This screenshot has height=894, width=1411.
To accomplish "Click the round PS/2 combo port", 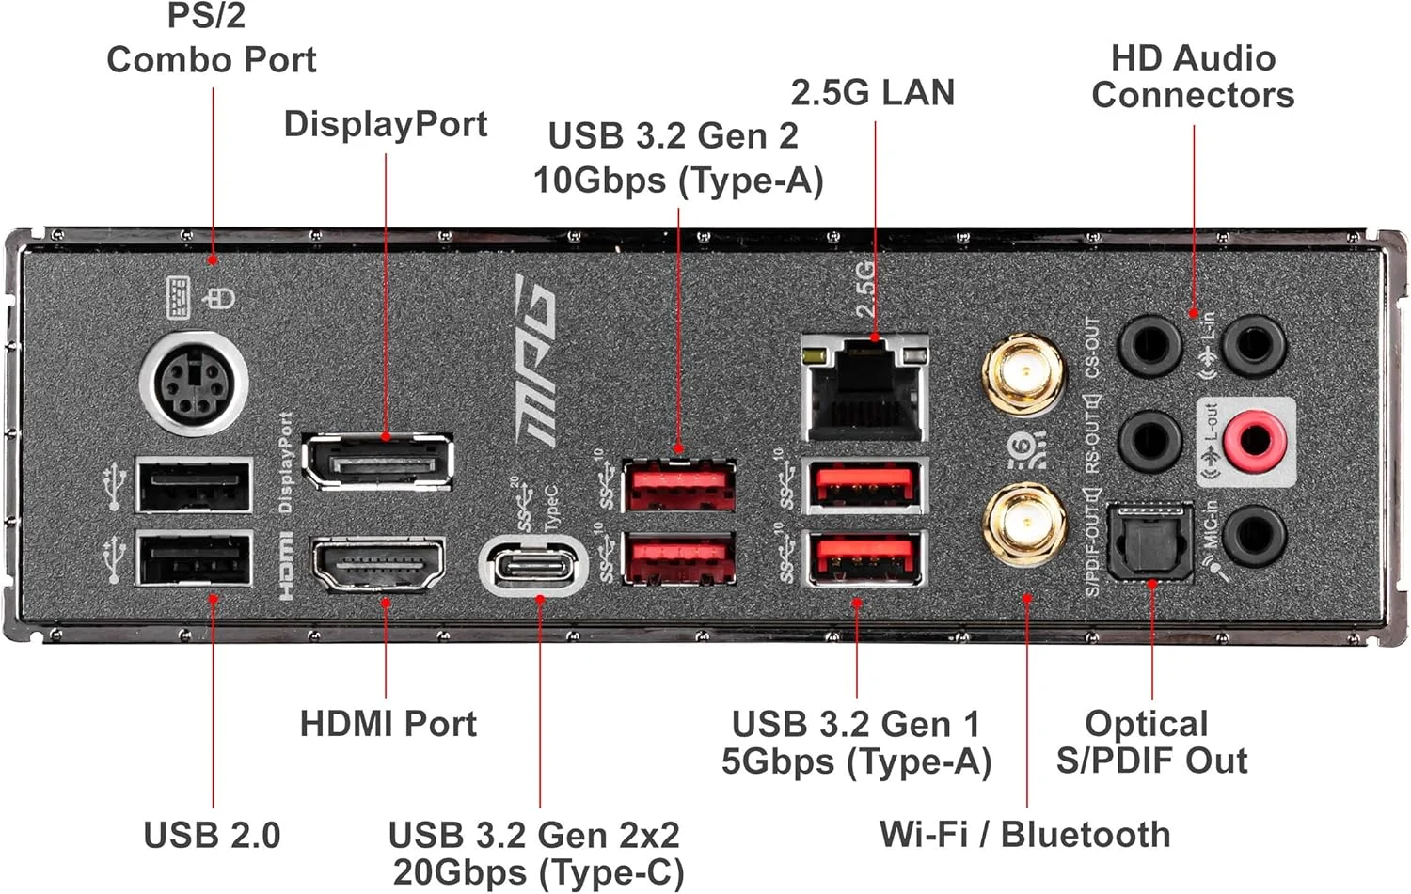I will [194, 384].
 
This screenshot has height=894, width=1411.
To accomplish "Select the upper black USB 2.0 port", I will [194, 485].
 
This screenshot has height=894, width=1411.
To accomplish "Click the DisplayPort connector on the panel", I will [377, 463].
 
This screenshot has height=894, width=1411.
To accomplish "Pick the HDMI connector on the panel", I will [377, 564].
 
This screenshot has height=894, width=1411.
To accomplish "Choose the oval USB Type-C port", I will [533, 566].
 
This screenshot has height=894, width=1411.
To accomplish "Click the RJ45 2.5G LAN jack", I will [864, 388].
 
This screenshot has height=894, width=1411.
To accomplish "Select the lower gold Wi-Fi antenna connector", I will [1023, 524].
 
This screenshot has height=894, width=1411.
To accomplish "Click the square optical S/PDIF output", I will [1149, 542].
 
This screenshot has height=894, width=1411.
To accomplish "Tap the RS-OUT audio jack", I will [1149, 439].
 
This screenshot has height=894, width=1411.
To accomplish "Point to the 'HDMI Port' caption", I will [388, 724].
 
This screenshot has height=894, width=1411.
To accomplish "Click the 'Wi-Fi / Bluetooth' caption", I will [1024, 834].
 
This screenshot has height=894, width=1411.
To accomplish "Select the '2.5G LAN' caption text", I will [872, 92].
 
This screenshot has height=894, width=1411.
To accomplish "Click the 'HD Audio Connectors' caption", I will [1193, 76].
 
